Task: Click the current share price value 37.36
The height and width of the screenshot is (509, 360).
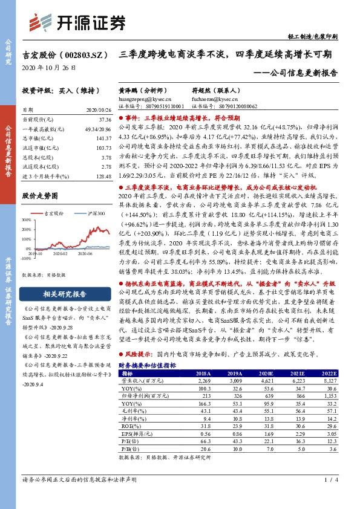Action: pyautogui.click(x=103, y=120)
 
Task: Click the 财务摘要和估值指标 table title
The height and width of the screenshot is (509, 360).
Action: pyautogui.click(x=147, y=366)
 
